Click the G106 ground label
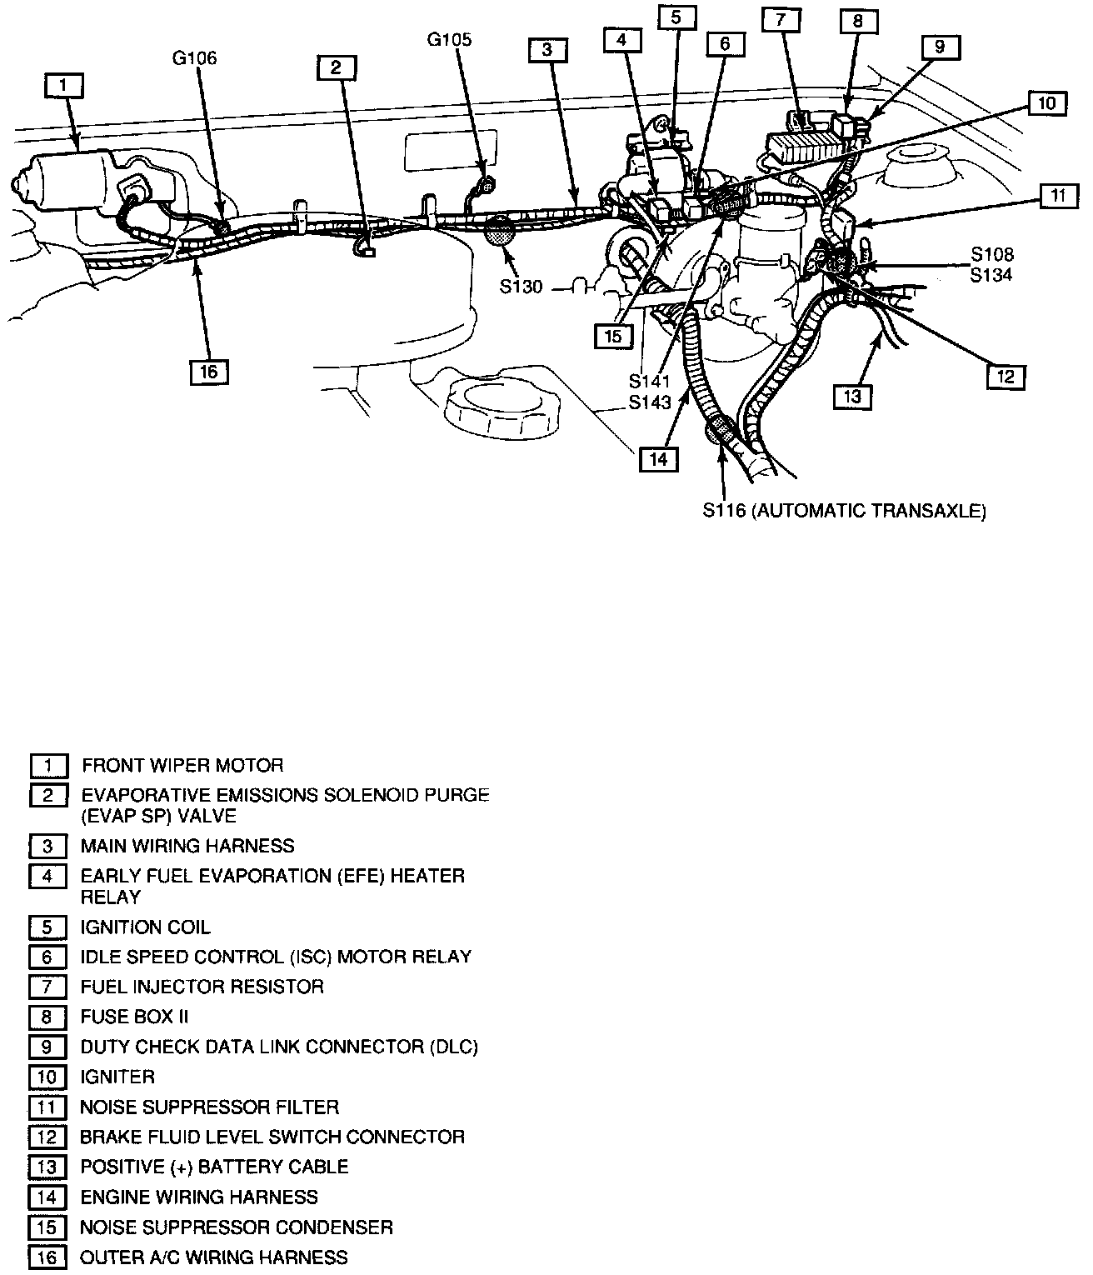(x=194, y=58)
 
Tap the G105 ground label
(x=449, y=40)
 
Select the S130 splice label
(x=522, y=287)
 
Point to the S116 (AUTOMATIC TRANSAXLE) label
(x=845, y=511)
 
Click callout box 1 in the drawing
(x=63, y=86)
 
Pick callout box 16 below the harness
(x=209, y=372)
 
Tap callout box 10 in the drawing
(x=1047, y=103)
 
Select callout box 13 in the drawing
(x=852, y=396)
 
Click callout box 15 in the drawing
(x=613, y=336)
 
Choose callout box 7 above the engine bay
(x=781, y=20)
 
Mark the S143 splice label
(x=650, y=402)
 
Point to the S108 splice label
(x=992, y=254)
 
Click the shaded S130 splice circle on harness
(x=500, y=232)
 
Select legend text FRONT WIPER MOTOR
(x=182, y=766)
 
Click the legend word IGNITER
(x=117, y=1077)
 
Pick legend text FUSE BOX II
(x=134, y=1017)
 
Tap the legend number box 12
(x=47, y=1137)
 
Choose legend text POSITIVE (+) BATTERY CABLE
(x=215, y=1167)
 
